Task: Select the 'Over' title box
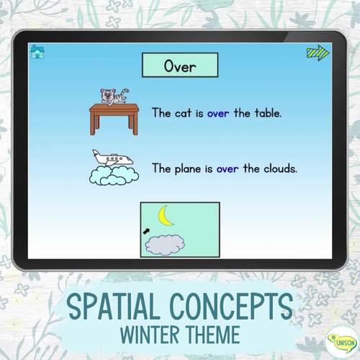click(180, 67)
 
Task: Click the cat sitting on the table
click(113, 95)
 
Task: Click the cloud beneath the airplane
click(114, 176)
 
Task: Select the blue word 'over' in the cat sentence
click(219, 113)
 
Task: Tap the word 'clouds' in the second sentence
click(281, 169)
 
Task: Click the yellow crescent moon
click(168, 216)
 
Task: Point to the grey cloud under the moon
click(165, 245)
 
